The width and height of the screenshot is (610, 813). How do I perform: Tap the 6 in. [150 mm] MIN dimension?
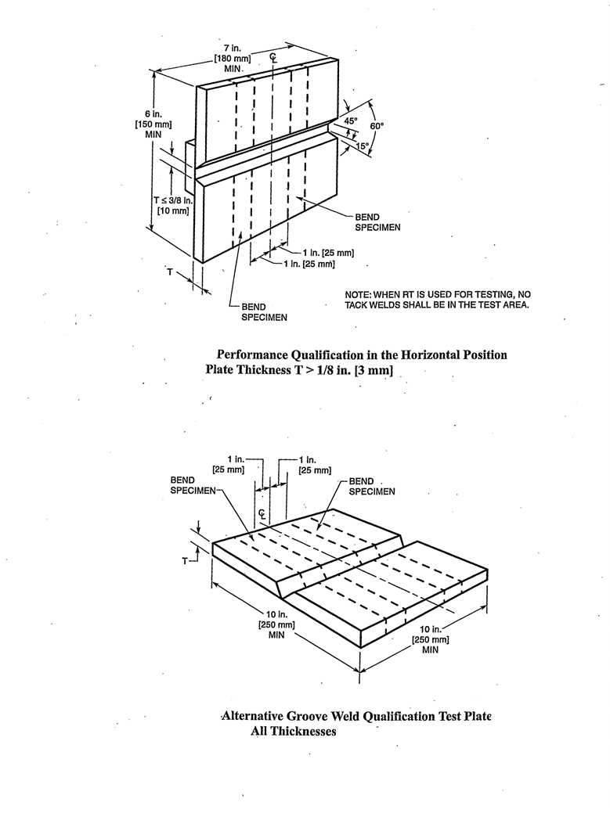click(x=152, y=124)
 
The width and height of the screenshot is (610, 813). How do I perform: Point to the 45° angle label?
click(x=351, y=121)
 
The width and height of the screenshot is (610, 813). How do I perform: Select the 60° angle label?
click(x=377, y=125)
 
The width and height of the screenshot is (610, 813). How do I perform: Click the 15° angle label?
click(x=363, y=145)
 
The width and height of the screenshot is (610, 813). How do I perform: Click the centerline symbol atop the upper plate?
click(x=272, y=57)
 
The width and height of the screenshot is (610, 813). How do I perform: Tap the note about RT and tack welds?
click(x=438, y=299)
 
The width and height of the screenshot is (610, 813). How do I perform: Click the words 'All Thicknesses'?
click(x=293, y=731)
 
